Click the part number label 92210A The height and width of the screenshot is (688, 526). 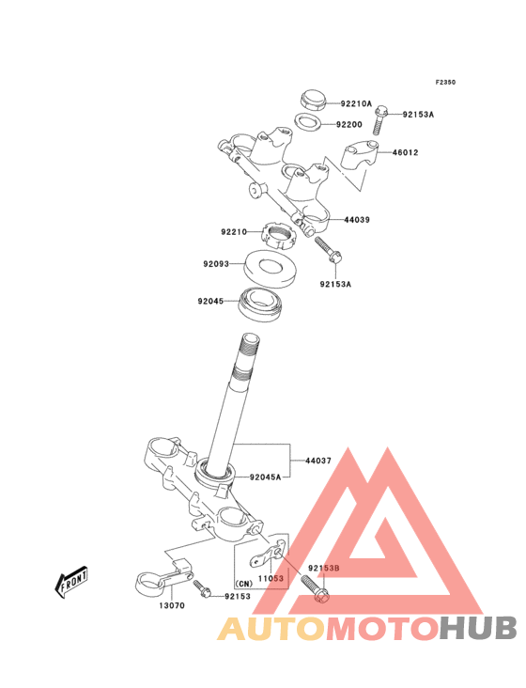pyautogui.click(x=356, y=103)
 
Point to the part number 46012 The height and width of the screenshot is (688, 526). pyautogui.click(x=405, y=152)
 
